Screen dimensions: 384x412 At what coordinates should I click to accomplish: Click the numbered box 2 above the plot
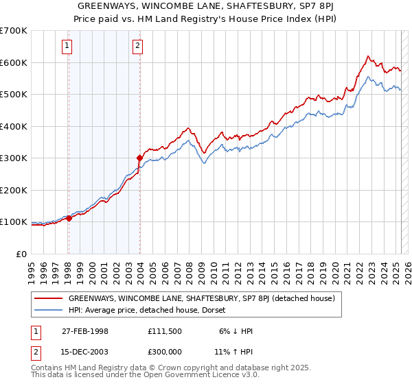coord(138,46)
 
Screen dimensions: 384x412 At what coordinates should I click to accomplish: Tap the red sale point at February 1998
coord(69,219)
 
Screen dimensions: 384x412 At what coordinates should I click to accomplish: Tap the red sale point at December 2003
coord(139,158)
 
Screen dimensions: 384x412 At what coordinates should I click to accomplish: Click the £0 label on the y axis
coord(21,254)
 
